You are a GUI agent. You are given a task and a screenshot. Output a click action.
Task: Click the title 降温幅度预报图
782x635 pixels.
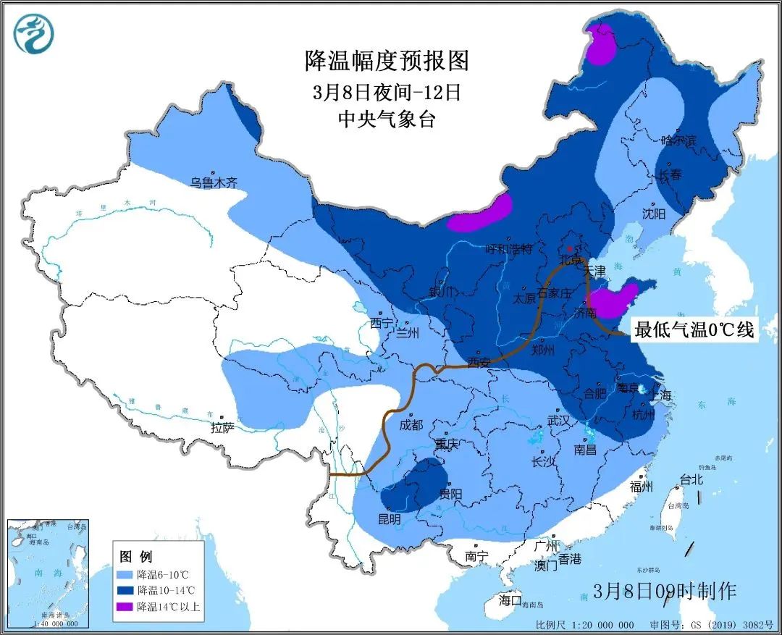[x=387, y=60]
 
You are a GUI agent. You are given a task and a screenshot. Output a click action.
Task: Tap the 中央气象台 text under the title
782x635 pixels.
[x=387, y=119]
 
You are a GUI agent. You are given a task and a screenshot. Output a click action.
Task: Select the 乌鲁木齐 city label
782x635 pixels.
[x=214, y=183]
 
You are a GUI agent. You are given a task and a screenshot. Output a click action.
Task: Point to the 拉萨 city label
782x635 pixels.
[x=222, y=429]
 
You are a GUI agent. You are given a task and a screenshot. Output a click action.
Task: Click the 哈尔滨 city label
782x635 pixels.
[x=678, y=140]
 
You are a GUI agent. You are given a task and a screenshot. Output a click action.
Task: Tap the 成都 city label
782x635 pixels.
[x=411, y=426]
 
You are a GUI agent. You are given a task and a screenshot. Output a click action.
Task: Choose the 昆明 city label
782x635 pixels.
[x=388, y=519]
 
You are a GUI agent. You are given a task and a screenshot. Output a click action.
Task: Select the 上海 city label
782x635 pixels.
[x=661, y=395]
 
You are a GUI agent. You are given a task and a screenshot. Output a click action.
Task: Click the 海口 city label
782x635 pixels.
[x=510, y=600]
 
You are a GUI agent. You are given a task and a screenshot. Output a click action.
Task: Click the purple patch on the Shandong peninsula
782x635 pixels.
[x=613, y=301]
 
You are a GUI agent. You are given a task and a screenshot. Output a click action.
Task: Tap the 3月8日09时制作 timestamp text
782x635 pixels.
[x=664, y=591]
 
